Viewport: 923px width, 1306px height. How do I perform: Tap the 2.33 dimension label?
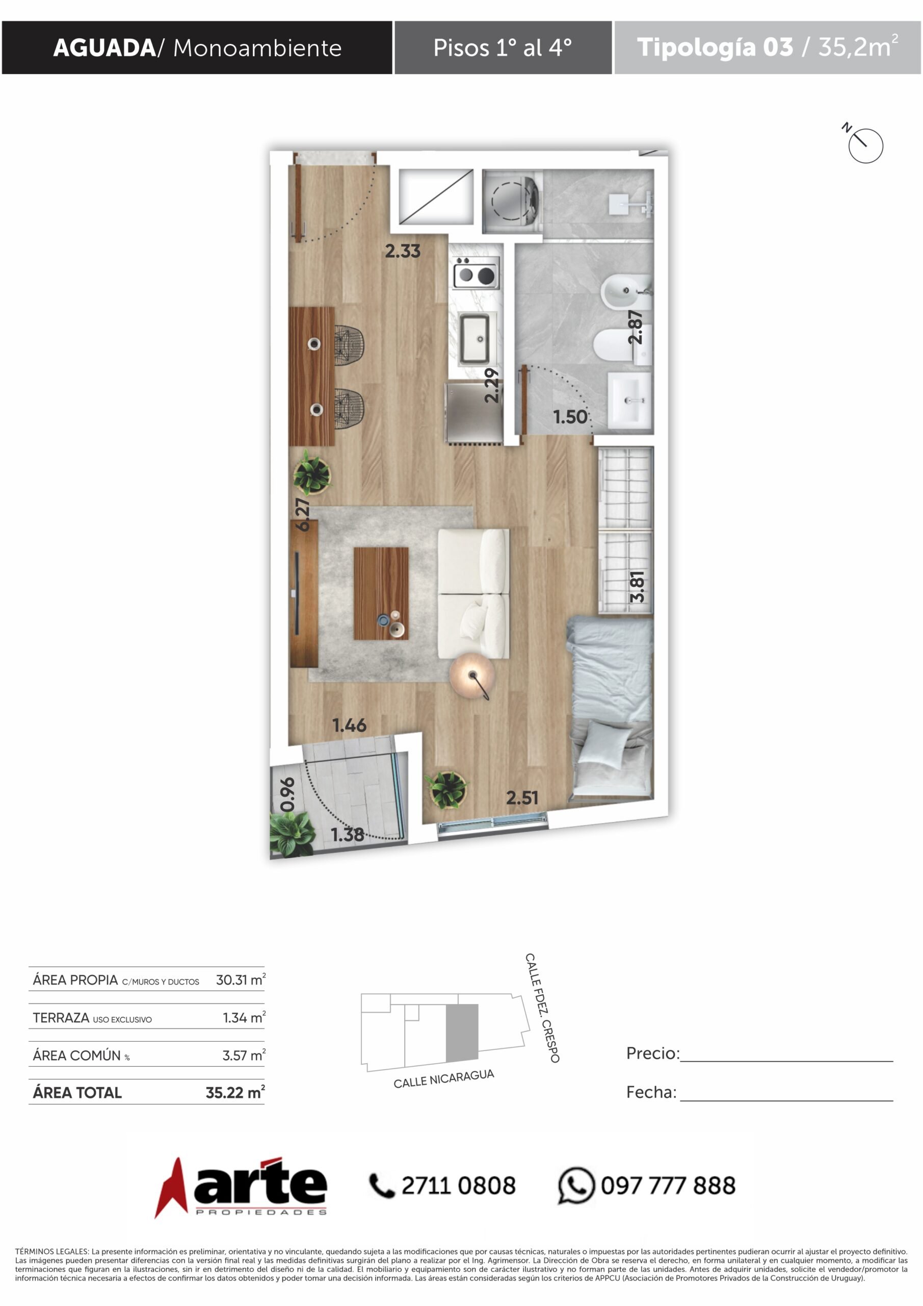click(x=403, y=251)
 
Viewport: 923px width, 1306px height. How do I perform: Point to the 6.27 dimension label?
click(x=303, y=514)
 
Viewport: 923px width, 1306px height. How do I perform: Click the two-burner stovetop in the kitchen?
click(x=476, y=272)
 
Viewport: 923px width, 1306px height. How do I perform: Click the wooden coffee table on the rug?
click(x=381, y=593)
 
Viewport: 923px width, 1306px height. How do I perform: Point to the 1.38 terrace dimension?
click(x=347, y=835)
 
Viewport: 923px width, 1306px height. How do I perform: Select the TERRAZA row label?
click(x=92, y=1018)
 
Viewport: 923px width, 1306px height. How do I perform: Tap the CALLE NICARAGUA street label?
click(x=444, y=1078)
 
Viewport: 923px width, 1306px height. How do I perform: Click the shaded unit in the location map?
click(x=462, y=1033)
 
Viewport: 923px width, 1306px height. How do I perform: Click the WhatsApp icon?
click(x=576, y=1186)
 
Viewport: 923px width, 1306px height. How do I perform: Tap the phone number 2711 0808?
click(x=459, y=1186)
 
